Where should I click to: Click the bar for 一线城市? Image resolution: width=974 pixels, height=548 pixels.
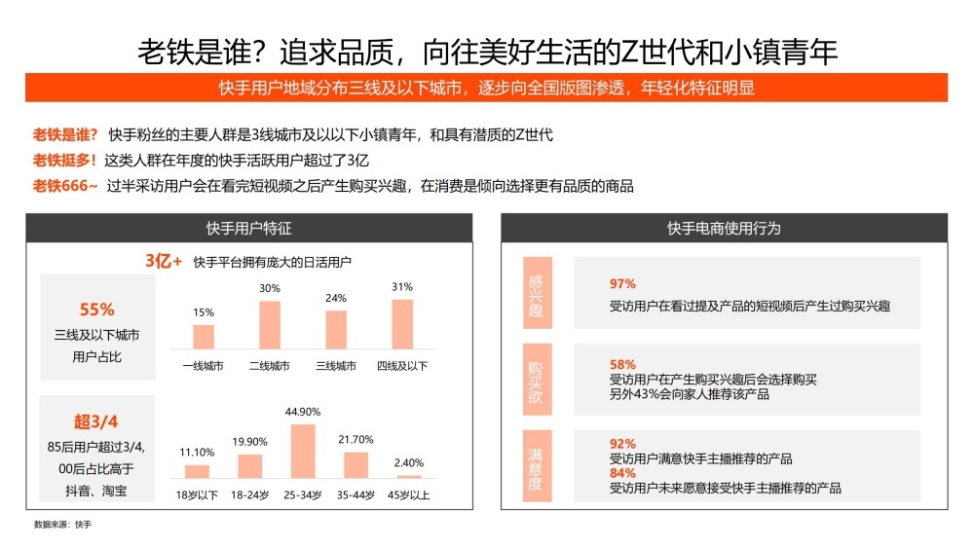[204, 337]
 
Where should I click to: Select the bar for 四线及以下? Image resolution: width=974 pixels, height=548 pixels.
[402, 323]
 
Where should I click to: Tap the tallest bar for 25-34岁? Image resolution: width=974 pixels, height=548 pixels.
[304, 451]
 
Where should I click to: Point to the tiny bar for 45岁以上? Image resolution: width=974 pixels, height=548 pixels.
[409, 476]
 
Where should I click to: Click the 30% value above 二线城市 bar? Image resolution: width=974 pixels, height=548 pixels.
[270, 288]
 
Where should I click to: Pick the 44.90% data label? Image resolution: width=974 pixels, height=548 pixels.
[304, 412]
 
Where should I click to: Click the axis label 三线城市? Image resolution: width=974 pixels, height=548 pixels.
[336, 365]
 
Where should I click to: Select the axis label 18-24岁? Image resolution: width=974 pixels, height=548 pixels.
[250, 493]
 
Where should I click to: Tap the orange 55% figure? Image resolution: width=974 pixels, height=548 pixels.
[97, 310]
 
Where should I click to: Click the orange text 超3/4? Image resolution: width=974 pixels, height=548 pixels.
[97, 421]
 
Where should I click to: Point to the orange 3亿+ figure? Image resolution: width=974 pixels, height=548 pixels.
[164, 261]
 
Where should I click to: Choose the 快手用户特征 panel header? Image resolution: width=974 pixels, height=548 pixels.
[248, 228]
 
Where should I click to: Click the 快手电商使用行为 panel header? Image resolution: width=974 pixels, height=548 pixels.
[724, 228]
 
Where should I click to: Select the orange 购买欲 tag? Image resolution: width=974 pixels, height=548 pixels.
[536, 379]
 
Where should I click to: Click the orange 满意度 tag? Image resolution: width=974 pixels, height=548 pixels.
[536, 466]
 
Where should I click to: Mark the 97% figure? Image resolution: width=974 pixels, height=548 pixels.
[622, 284]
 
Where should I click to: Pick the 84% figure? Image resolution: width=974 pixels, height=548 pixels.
[622, 473]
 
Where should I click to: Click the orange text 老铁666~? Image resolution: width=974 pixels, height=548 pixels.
[66, 185]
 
